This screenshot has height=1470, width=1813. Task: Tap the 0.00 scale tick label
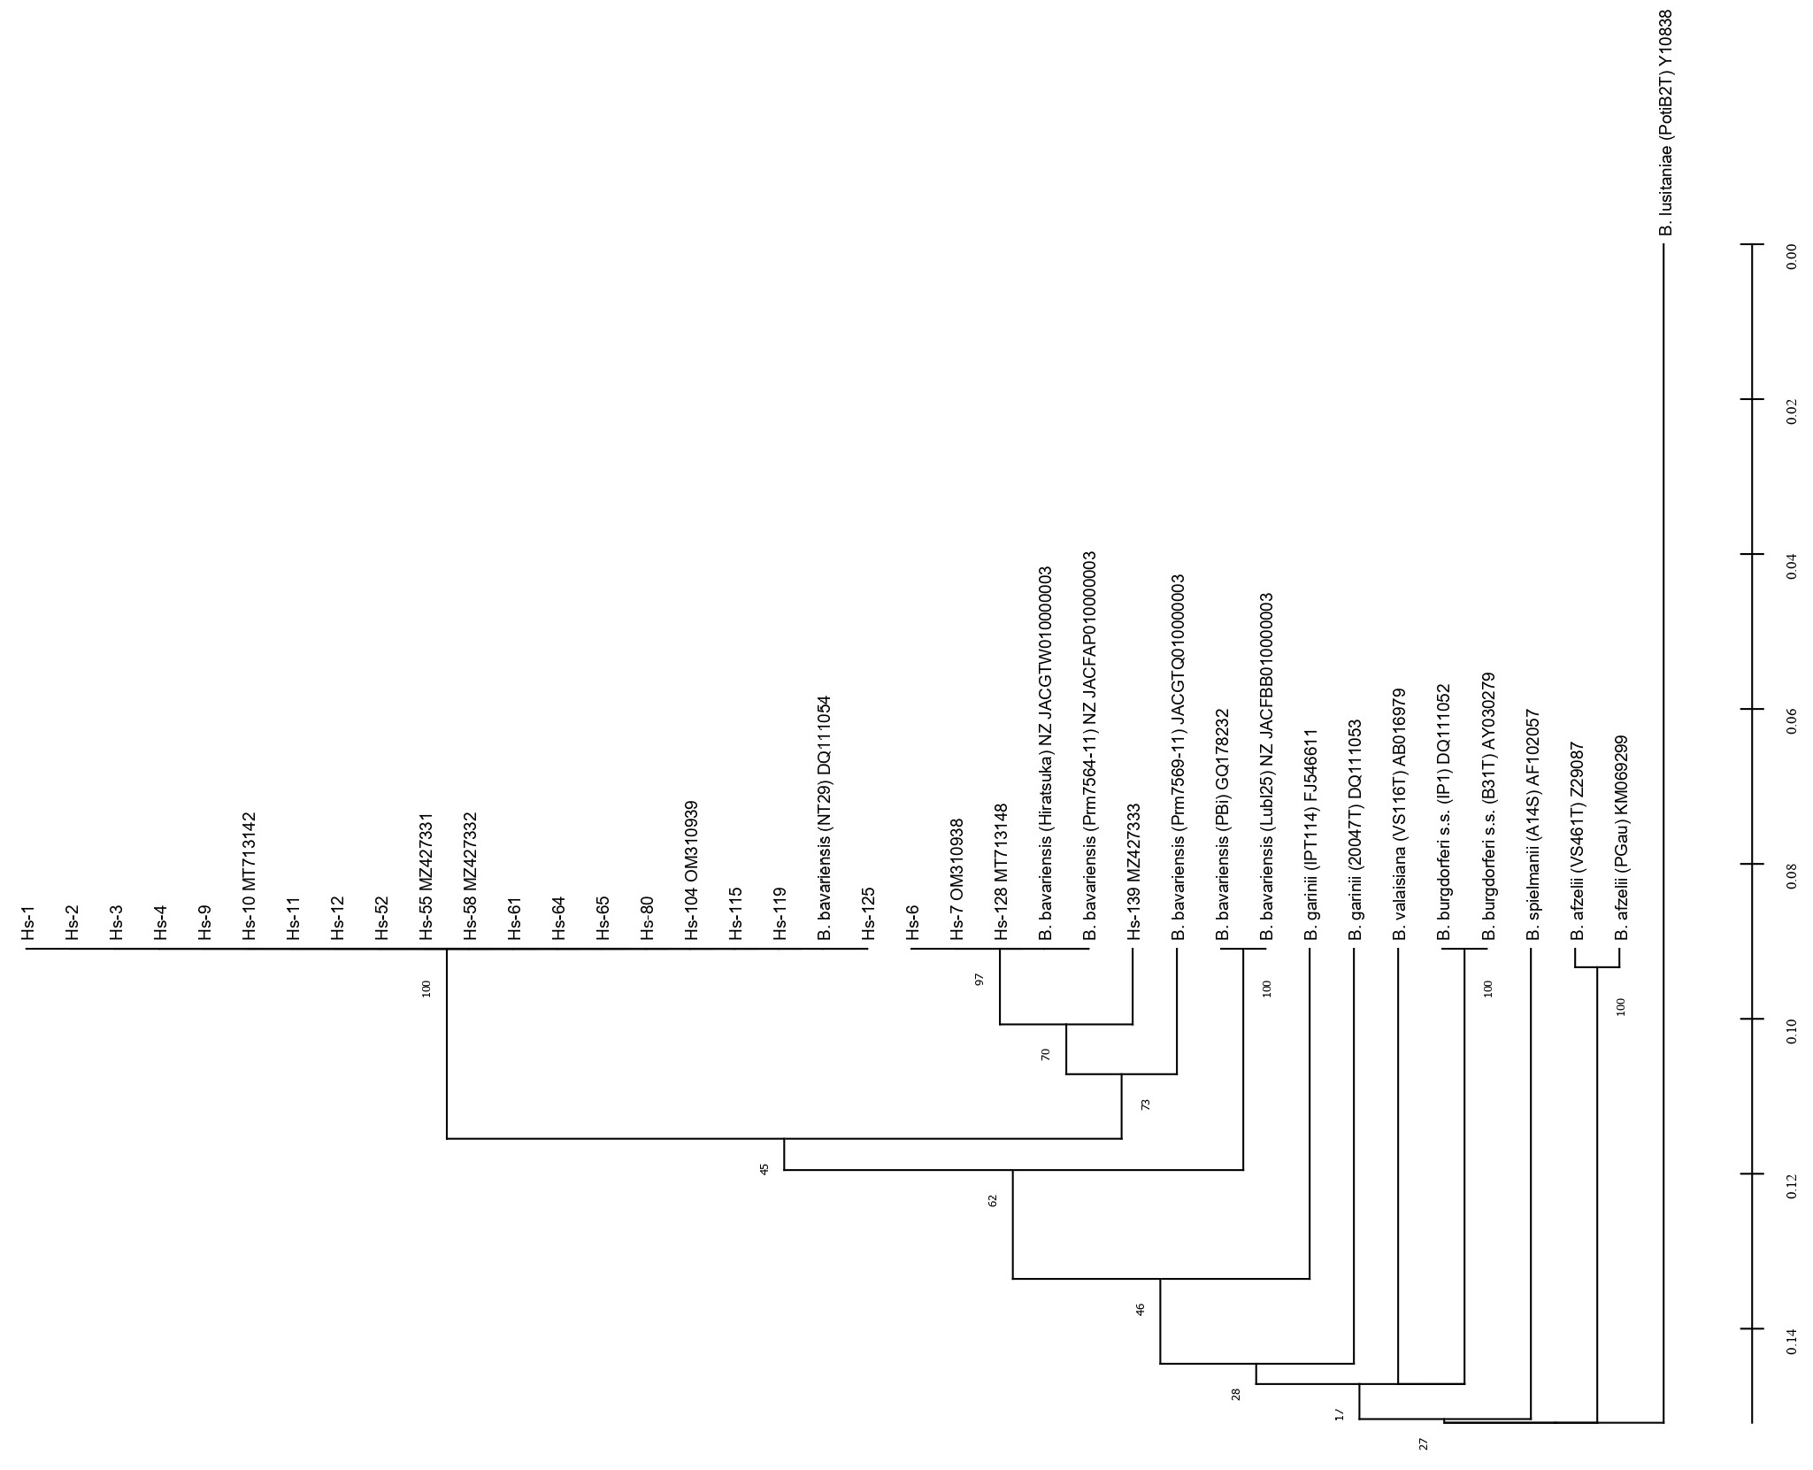pyautogui.click(x=1791, y=256)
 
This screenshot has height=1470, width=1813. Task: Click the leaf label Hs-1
pyautogui.click(x=28, y=923)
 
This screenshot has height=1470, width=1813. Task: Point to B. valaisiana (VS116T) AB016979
pyautogui.click(x=1399, y=813)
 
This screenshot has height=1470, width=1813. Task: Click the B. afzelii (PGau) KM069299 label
pyautogui.click(x=1622, y=836)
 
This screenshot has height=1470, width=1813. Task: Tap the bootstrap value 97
pyautogui.click(x=979, y=980)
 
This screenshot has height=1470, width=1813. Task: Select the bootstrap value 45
pyautogui.click(x=764, y=1168)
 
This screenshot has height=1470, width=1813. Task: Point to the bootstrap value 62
pyautogui.click(x=992, y=1201)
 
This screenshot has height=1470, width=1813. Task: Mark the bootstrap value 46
pyautogui.click(x=1140, y=1309)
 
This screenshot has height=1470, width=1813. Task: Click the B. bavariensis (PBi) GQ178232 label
pyautogui.click(x=1223, y=825)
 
